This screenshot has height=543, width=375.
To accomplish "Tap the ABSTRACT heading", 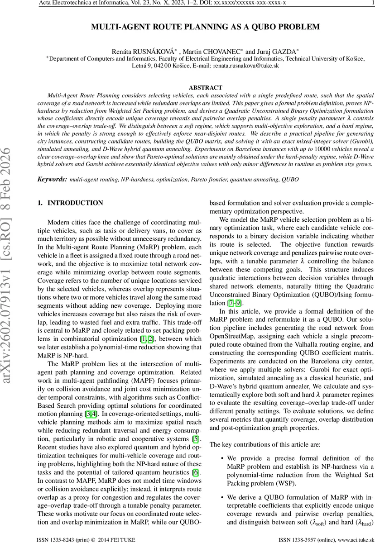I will tap(205, 88).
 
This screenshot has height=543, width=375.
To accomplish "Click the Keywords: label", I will tap(52, 179).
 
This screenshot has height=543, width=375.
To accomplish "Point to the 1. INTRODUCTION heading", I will tap(70, 203).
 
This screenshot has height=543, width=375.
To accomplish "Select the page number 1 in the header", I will tap(372, 4).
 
